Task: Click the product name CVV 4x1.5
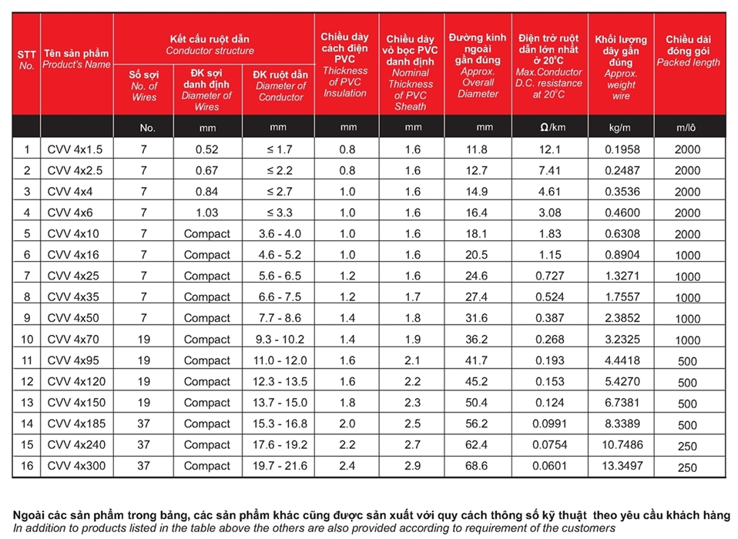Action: pos(75,150)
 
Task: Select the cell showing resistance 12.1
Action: pos(549,150)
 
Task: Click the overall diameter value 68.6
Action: pos(477,466)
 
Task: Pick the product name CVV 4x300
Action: pos(77,466)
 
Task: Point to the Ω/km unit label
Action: pos(549,127)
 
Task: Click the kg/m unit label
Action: pos(621,127)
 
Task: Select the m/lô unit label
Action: pos(686,128)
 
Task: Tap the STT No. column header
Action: pos(27,60)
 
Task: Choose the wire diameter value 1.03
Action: pos(206,213)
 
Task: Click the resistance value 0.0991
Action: pos(549,423)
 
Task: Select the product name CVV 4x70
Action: pos(74,340)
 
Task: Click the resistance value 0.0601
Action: pos(549,466)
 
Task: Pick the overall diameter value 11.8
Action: pos(477,150)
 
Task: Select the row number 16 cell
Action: pos(27,466)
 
